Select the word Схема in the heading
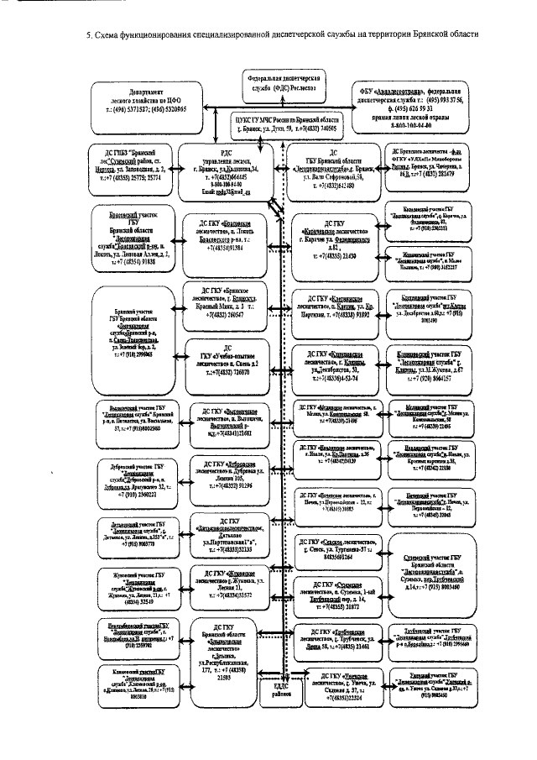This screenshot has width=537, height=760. pyautogui.click(x=112, y=34)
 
